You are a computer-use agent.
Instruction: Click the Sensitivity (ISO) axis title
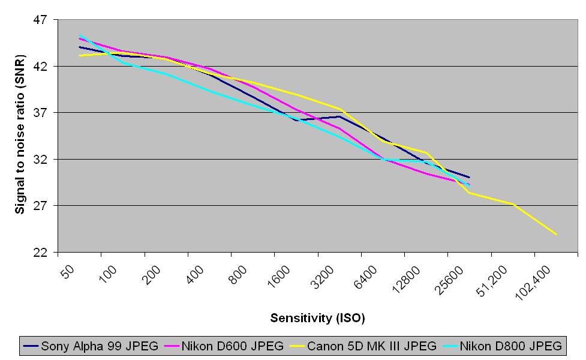(317, 317)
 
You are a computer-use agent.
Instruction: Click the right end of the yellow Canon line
(556, 234)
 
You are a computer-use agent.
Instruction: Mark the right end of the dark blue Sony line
(469, 177)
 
